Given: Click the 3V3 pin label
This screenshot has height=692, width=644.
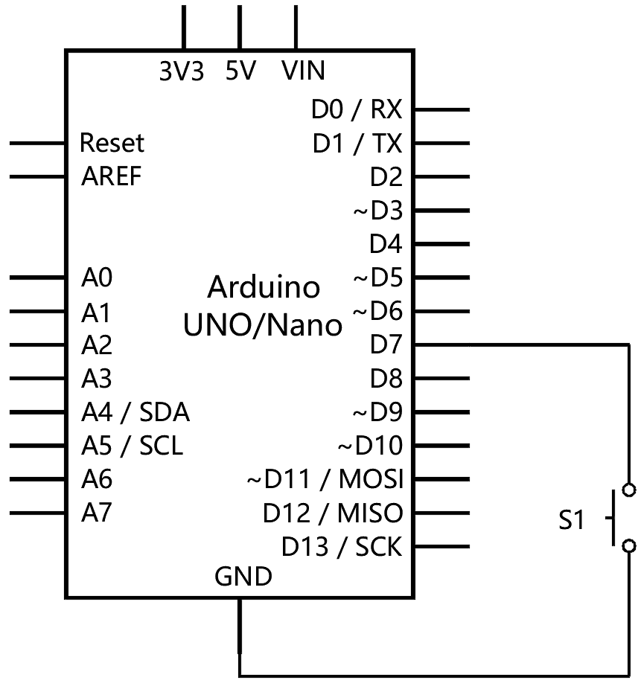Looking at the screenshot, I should pos(182,71).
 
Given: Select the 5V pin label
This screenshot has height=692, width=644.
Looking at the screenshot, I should pos(240,71).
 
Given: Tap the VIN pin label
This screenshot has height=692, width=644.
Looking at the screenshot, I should pos(304,71).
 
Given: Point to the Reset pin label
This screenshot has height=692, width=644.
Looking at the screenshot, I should pos(112,142).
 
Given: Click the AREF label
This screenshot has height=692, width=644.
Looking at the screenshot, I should pos(111,176).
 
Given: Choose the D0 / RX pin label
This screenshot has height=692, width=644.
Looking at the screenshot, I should pos(357,110).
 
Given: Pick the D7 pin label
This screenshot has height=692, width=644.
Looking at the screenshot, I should pos(386,345).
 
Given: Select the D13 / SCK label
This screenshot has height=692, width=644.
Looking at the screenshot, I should pos(342,547).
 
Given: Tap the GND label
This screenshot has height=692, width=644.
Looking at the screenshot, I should pos(243,577).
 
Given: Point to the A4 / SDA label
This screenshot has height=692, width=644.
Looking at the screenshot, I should pos(135,411).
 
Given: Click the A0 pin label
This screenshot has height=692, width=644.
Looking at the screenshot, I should pos(97,278).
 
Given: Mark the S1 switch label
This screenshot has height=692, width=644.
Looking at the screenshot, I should pos(572,521).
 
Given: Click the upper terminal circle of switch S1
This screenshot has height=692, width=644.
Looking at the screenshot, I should pos(629,490).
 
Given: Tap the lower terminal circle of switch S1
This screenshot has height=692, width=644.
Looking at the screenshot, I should pos(629,546).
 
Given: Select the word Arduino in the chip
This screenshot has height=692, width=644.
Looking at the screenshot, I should pos(264,286).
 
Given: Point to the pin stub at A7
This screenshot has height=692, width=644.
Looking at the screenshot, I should pos(37,513).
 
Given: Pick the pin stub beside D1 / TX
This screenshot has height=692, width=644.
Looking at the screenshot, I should pos(441,143).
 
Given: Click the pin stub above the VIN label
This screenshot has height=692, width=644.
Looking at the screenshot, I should pos(296,27).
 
